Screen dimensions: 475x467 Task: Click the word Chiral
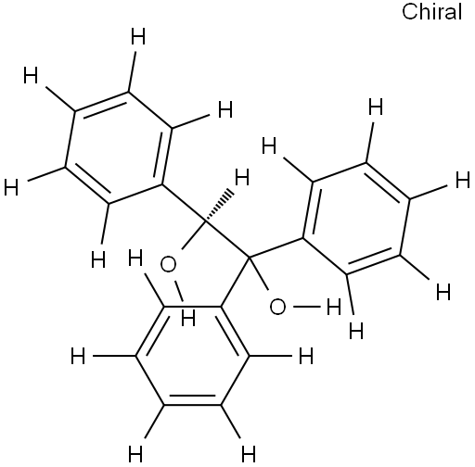[x=431, y=12]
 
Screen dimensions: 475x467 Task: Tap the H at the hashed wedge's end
[x=242, y=177]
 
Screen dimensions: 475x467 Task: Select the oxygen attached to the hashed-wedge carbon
[x=169, y=265]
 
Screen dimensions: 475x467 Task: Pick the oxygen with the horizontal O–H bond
[x=277, y=307]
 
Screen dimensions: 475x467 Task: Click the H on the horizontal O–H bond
[x=334, y=307]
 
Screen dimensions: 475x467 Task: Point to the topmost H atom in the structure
[x=138, y=36]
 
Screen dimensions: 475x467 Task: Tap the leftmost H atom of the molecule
[x=11, y=187]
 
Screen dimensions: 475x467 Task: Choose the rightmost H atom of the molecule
[x=463, y=181]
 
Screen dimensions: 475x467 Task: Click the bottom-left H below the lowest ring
[x=135, y=454]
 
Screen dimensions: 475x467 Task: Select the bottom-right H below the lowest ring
[x=249, y=454]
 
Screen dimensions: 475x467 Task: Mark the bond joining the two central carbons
[x=226, y=239]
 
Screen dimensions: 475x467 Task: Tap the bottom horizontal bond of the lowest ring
[x=192, y=404]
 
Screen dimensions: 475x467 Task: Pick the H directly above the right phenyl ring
[x=376, y=107]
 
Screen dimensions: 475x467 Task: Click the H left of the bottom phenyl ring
[x=78, y=356]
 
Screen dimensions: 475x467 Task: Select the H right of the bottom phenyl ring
[x=306, y=356]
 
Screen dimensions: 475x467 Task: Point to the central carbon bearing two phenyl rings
[x=249, y=257]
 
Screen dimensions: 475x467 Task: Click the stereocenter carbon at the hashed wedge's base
[x=204, y=221]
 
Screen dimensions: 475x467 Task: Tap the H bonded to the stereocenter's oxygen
[x=188, y=319]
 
